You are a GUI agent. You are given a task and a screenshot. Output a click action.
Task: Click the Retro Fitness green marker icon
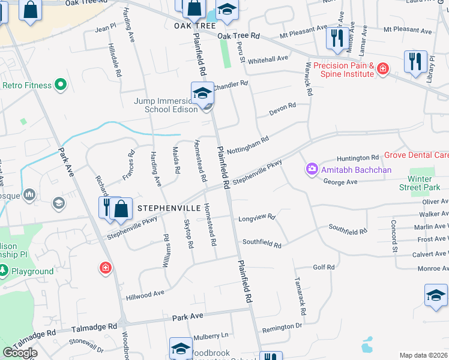tap(60, 86)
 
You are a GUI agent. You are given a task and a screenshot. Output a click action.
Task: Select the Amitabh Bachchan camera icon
tap(312, 170)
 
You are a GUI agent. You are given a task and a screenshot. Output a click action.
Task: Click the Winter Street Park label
tap(420, 183)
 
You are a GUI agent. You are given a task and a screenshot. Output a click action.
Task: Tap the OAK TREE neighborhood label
tap(195, 26)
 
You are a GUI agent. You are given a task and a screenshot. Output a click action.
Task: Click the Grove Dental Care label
tap(416, 155)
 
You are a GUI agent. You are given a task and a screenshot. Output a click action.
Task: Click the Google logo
tap(20, 352)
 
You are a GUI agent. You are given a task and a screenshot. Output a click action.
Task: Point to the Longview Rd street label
tap(256, 218)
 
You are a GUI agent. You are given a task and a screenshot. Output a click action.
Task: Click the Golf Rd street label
tap(323, 267)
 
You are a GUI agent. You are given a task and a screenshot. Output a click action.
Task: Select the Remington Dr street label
tap(282, 326)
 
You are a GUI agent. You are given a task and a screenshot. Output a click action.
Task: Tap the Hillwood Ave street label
tap(145, 295)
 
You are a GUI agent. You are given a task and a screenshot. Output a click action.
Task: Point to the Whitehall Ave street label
tap(268, 59)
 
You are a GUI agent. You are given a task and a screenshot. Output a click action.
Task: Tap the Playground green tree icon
tap(4, 271)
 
